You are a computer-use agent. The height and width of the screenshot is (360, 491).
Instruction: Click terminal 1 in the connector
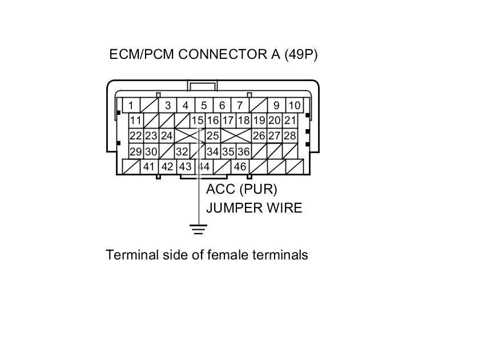pos(131,105)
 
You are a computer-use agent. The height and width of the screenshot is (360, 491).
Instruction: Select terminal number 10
pos(294,105)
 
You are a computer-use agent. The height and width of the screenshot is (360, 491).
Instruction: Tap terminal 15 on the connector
pos(197,121)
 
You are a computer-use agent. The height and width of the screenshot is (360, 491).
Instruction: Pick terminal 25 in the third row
pos(213,136)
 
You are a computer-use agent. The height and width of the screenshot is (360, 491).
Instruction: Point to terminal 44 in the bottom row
pos(204,167)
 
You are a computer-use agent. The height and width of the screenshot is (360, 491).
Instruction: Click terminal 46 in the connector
pos(240,167)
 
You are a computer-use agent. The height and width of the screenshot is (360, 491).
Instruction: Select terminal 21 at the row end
pos(290,121)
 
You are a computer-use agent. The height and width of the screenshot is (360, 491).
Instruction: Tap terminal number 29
pos(136,151)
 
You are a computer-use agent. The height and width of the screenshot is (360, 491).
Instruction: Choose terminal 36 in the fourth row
pos(243,151)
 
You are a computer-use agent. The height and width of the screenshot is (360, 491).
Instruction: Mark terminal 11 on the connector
pos(136,121)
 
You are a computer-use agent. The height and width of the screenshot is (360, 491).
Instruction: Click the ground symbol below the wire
pos(198,230)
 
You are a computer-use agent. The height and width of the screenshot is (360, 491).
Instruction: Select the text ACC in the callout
pos(218,189)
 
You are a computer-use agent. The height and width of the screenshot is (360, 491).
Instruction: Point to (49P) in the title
pos(300,55)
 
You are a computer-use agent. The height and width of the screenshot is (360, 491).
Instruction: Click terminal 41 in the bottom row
pos(149,167)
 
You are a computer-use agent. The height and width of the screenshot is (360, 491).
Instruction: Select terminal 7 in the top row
pos(240,105)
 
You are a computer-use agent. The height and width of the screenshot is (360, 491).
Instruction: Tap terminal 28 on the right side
pos(290,136)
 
